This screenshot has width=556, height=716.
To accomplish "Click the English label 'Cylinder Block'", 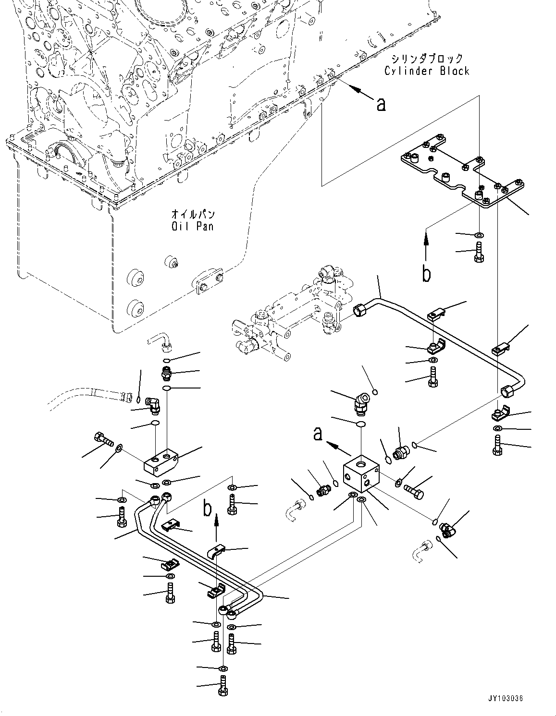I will (x=426, y=71).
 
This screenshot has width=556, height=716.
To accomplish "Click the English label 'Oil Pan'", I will (x=192, y=226).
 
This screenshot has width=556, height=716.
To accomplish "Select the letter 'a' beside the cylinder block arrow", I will (x=381, y=103).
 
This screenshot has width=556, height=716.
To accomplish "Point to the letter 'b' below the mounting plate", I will (x=426, y=273).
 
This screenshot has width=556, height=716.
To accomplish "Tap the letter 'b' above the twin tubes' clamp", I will (x=207, y=508).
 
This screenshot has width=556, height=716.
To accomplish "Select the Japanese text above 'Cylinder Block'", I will (x=427, y=59).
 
